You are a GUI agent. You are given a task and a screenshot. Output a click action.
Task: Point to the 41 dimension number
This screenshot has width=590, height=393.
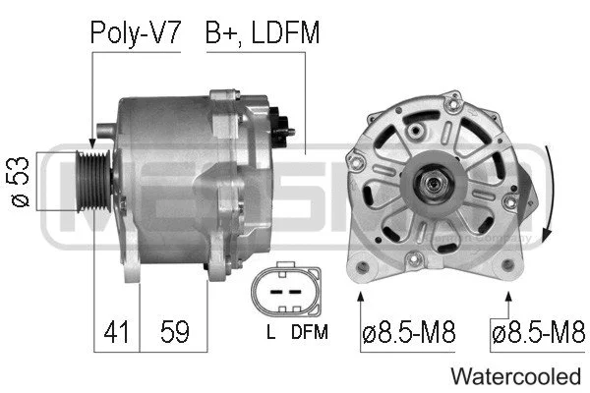pos(116,334)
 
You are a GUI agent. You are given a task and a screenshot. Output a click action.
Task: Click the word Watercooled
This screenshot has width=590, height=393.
pos(515,375)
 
